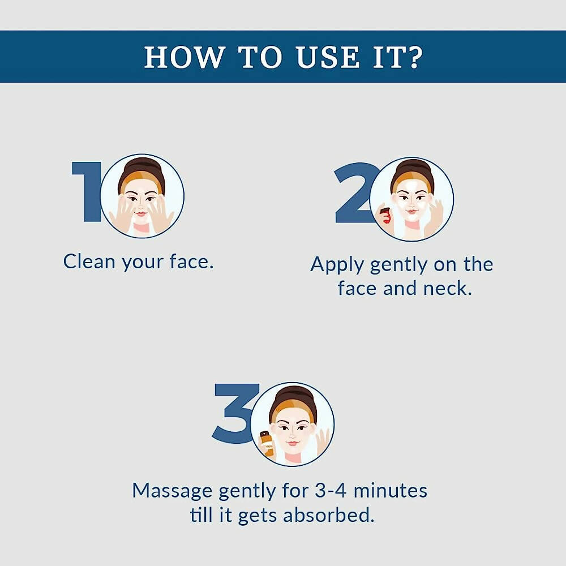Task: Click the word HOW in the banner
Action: [x=184, y=57]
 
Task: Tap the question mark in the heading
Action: [x=415, y=57]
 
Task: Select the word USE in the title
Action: [x=328, y=57]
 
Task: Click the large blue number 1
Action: [x=87, y=191]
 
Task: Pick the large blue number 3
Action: [x=235, y=413]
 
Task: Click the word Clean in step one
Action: [x=89, y=261]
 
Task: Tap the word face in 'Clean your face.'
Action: [x=191, y=261]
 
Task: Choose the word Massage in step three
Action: [x=172, y=491]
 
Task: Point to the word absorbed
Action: [x=328, y=514]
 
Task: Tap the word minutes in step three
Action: [x=390, y=491]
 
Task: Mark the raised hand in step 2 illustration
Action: [x=434, y=217]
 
